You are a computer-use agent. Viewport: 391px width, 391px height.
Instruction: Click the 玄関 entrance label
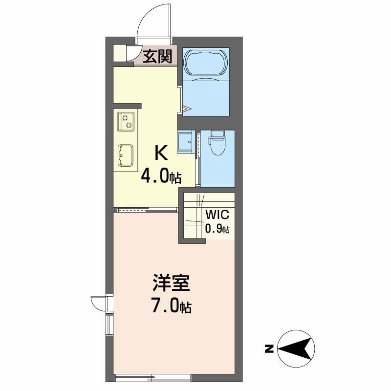coord(157,56)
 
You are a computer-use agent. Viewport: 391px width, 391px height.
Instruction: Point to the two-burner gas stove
coord(126,121)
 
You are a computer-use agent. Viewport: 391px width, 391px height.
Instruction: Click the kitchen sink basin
coord(126,155)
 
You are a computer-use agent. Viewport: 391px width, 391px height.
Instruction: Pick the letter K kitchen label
coord(161,153)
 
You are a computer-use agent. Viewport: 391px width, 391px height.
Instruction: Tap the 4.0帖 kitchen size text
coord(161,177)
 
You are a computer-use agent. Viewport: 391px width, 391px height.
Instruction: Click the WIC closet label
coord(217,215)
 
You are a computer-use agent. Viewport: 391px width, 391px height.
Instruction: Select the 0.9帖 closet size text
coord(217,229)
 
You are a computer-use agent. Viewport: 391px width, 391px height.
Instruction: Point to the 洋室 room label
coord(172,283)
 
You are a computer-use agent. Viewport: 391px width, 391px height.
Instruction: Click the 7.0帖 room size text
coord(172,307)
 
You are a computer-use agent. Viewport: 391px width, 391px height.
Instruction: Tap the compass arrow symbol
coord(296,348)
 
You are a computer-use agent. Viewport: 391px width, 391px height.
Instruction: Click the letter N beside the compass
coord(269,348)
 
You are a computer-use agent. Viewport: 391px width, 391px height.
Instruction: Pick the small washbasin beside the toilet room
coord(186,142)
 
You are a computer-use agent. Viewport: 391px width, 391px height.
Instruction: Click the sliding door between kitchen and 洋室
coord(147,210)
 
